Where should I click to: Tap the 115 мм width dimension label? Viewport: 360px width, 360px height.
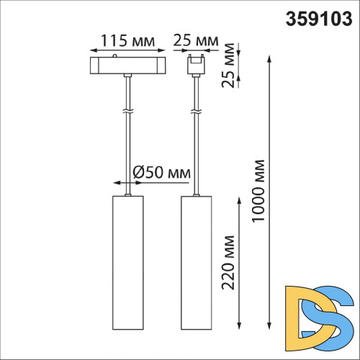(x=127, y=40)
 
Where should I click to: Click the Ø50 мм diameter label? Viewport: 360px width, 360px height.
(x=161, y=173)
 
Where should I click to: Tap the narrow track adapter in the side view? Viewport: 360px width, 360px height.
(x=194, y=64)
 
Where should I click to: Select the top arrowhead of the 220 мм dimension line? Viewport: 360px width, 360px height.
(x=240, y=199)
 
